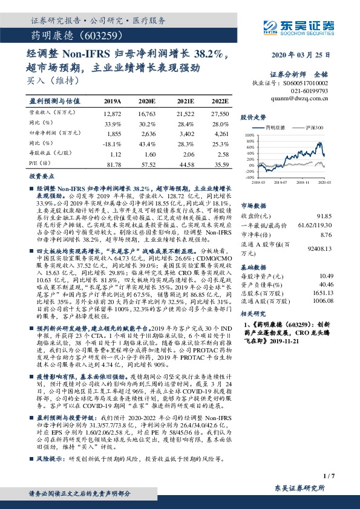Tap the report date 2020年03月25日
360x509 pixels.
pos(301,54)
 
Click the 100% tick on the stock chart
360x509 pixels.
pos(248,137)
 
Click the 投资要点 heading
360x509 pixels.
pos(42,177)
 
